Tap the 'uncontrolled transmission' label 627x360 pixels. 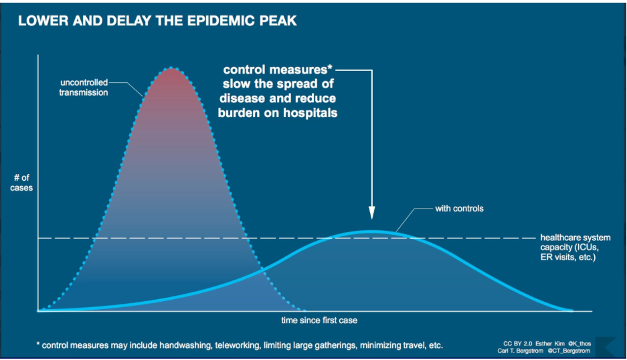click(83, 88)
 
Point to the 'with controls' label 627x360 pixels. click(459, 209)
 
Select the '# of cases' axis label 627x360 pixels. click(22, 183)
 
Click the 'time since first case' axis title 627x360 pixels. click(319, 321)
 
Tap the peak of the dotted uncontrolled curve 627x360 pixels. click(172, 68)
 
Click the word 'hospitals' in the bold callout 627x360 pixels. click(310, 113)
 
